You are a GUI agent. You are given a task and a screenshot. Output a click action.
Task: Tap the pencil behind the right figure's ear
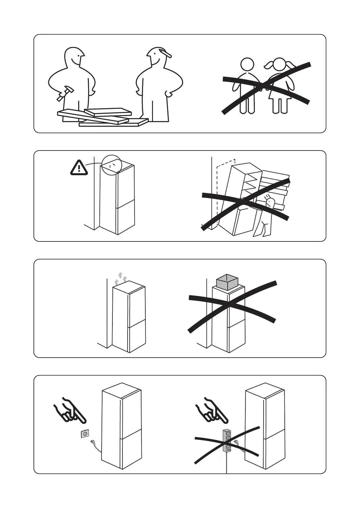165,53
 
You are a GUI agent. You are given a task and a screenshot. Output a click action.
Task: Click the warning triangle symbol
79,168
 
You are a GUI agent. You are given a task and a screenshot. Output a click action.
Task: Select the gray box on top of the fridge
228,282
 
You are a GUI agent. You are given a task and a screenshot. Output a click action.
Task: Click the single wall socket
85,434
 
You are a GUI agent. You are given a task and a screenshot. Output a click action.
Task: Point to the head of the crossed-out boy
247,64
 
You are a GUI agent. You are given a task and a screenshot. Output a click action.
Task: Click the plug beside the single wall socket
92,443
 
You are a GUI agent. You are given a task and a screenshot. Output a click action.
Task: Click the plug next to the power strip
236,443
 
